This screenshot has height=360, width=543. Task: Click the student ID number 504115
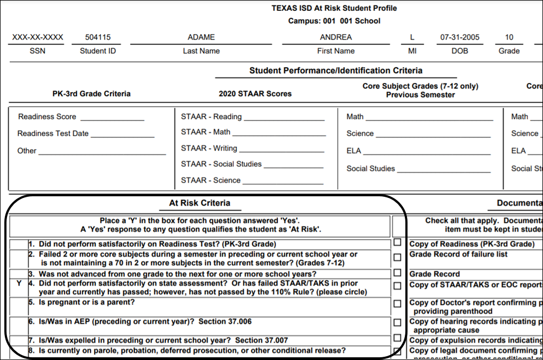pos(98,37)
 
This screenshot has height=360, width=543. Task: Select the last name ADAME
pos(201,37)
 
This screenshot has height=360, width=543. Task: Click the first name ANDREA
pos(336,37)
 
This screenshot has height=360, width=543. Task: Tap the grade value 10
pos(509,37)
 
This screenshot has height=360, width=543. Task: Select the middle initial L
pos(412,37)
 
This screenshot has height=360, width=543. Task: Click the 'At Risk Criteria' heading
pos(199,203)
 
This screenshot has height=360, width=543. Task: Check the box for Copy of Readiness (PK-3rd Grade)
pos(398,243)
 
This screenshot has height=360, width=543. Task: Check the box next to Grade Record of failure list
pos(398,257)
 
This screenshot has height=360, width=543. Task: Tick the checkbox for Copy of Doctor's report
pos(398,304)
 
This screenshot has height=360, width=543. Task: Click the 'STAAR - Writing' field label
pos(209,148)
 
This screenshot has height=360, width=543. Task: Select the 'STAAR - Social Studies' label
pos(221,164)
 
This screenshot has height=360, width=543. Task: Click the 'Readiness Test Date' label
pos(53,133)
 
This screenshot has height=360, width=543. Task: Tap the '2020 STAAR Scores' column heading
pos(255,94)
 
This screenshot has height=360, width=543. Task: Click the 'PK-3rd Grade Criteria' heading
pos(92,94)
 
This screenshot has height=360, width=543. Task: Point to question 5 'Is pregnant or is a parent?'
pos(87,302)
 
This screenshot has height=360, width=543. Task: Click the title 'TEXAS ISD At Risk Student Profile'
pos(334,9)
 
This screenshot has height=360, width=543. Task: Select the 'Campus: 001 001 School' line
pos(334,21)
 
